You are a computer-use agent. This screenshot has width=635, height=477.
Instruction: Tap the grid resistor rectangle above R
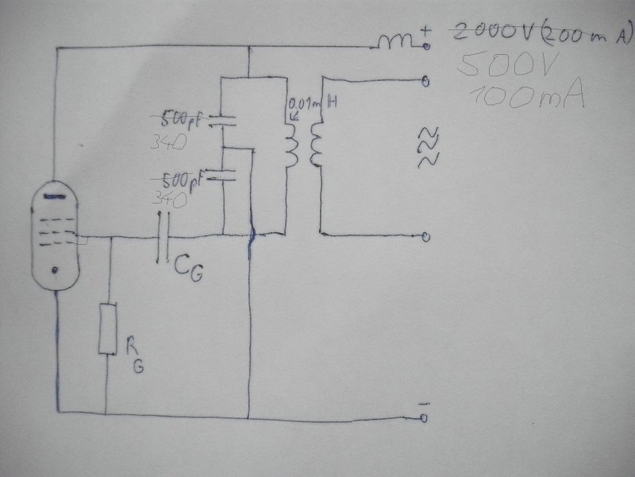pyautogui.click(x=107, y=328)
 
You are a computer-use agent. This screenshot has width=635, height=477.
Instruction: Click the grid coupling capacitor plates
pyautogui.click(x=164, y=238)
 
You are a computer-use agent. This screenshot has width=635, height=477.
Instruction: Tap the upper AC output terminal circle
pyautogui.click(x=426, y=81)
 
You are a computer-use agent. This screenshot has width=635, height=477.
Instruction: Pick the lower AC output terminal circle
pyautogui.click(x=426, y=236)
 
